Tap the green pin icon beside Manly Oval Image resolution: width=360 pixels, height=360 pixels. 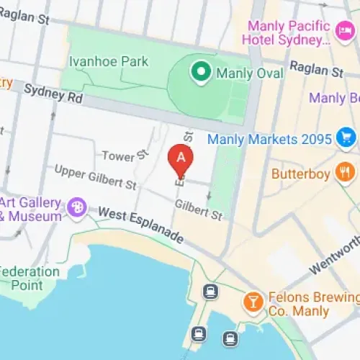tap(199, 71)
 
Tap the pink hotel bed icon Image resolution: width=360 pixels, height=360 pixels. tap(343, 30)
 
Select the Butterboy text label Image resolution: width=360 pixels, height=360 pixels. tap(301, 174)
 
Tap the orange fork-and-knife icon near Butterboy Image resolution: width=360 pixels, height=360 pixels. tap(346, 173)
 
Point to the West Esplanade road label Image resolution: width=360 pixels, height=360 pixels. tap(141, 225)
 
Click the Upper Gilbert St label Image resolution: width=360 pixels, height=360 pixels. tap(96, 178)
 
